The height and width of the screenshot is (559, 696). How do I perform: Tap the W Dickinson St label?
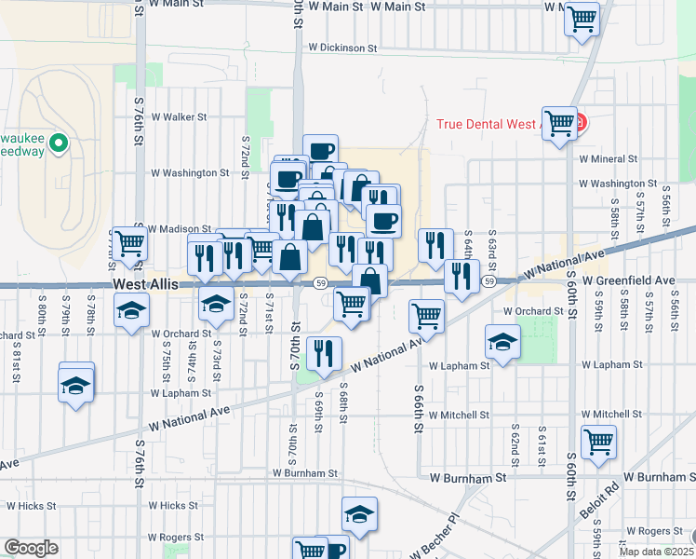[x=342, y=47]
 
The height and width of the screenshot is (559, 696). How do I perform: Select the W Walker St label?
[x=179, y=117]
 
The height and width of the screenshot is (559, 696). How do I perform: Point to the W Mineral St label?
[x=608, y=159]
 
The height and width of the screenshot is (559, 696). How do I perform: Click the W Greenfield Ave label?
[x=628, y=280]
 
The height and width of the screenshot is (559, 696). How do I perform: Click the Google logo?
[x=31, y=549]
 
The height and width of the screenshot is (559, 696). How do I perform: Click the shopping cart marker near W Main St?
[x=582, y=18]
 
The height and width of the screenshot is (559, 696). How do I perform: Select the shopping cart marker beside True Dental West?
[x=559, y=121]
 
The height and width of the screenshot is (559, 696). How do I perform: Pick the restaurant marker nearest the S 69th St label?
[x=324, y=351]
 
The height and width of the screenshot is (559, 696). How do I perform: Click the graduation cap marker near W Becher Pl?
[x=359, y=512]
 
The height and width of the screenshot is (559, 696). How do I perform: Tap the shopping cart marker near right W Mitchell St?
[x=597, y=440]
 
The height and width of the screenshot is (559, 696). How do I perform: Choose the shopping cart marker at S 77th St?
[x=129, y=244]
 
